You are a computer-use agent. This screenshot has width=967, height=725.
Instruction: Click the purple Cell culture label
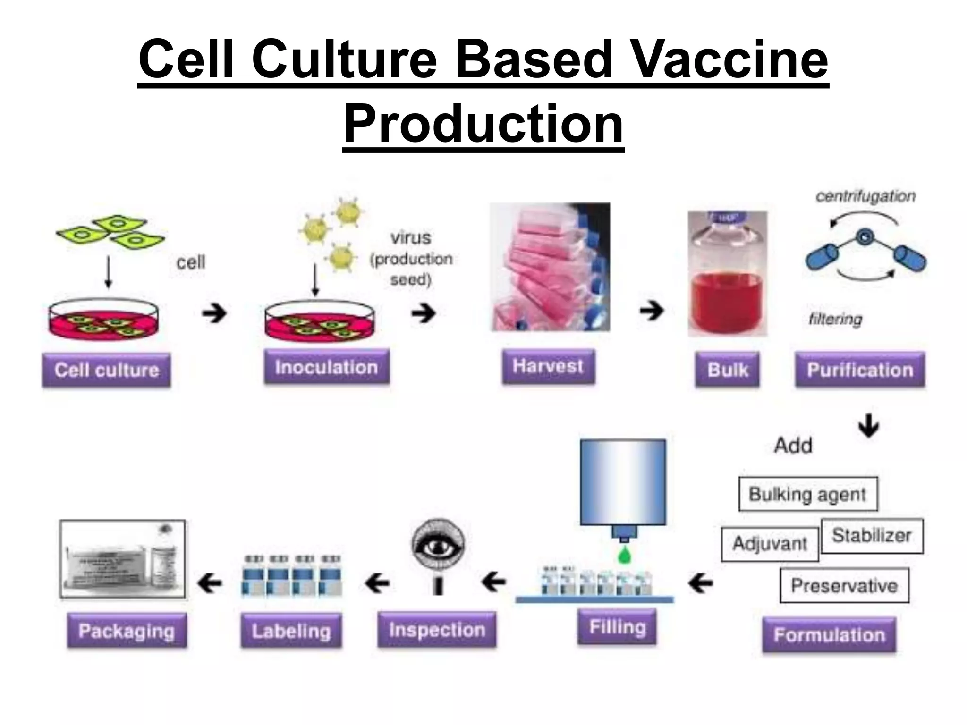pyautogui.click(x=106, y=370)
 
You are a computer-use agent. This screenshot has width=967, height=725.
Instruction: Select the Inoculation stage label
pyautogui.click(x=326, y=367)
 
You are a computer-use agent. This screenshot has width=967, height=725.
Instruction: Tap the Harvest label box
pyautogui.click(x=548, y=366)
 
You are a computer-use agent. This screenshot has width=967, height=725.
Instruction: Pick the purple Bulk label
pyautogui.click(x=727, y=370)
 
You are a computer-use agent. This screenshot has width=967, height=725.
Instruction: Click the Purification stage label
pyautogui.click(x=860, y=370)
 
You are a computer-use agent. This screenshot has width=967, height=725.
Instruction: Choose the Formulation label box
pyautogui.click(x=829, y=635)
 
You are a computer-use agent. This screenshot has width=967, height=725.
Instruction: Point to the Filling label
pyautogui.click(x=617, y=627)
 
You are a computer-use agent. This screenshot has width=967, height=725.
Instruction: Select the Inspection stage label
pyautogui.click(x=437, y=630)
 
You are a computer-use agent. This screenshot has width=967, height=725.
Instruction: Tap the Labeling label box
pyautogui.click(x=291, y=631)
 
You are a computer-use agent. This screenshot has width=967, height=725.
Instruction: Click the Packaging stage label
pyautogui.click(x=127, y=631)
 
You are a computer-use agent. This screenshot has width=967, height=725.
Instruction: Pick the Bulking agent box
pyautogui.click(x=807, y=494)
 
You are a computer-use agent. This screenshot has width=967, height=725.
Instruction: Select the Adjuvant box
pyautogui.click(x=770, y=544)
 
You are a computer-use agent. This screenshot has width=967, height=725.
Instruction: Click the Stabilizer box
pyautogui.click(x=872, y=536)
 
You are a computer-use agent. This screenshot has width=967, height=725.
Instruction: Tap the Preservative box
pyautogui.click(x=844, y=586)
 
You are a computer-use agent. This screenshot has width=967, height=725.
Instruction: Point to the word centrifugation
pyautogui.click(x=865, y=196)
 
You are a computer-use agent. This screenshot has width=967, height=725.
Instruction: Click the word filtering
pyautogui.click(x=835, y=319)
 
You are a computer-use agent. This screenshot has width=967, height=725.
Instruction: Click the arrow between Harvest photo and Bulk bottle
pyautogui.click(x=652, y=311)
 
